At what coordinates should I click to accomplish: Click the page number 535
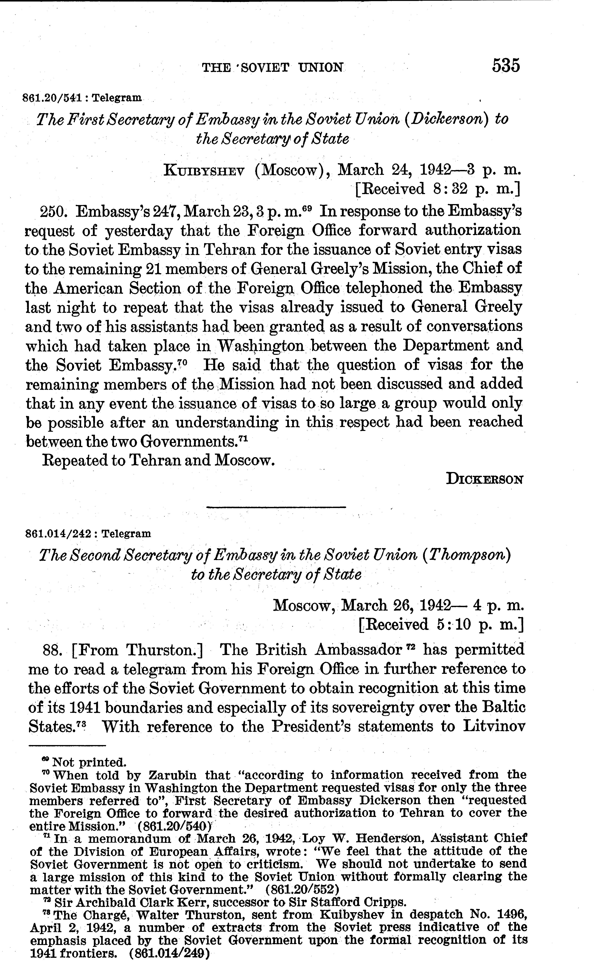(506, 66)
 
